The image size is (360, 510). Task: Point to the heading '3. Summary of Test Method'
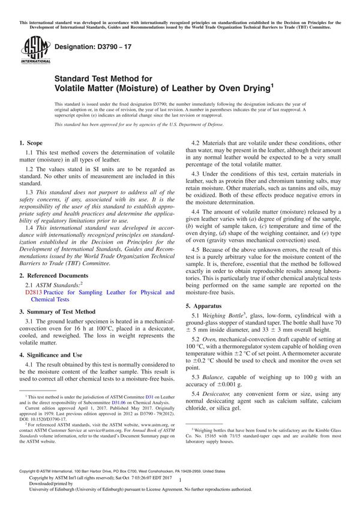point(57,312)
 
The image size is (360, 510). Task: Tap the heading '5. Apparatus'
point(206,307)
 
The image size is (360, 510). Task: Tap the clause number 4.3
point(196,190)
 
